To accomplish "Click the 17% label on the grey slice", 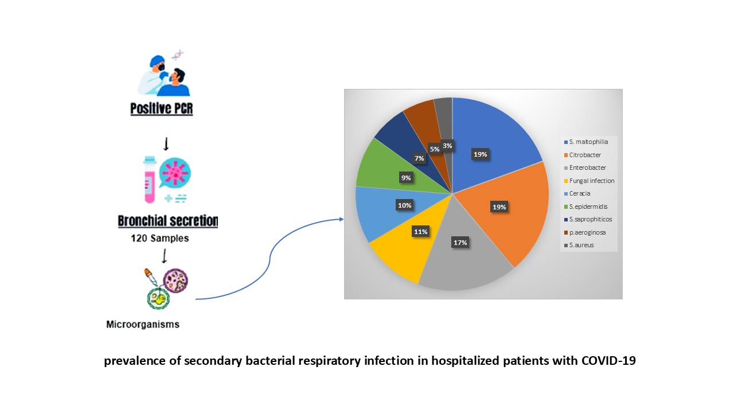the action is click(460, 243).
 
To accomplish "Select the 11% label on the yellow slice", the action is click(420, 232).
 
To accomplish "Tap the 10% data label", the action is click(404, 205).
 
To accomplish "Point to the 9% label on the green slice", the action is click(405, 178).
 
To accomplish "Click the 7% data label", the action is click(419, 158).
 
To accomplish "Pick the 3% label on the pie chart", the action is click(447, 146).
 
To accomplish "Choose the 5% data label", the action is click(435, 149).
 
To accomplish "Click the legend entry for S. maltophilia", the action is click(586, 142).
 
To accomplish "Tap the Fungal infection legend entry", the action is click(589, 181).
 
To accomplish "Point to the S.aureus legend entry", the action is click(579, 245).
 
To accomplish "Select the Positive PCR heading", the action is click(162, 108).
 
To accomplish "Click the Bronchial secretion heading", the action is click(168, 221).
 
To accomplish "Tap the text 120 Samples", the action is click(160, 238).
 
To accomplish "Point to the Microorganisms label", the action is click(143, 324).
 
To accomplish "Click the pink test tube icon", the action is click(150, 180).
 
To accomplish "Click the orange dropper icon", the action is click(150, 277).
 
